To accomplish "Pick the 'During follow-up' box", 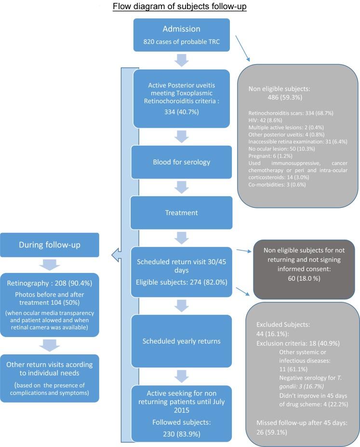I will pos(50,245).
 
